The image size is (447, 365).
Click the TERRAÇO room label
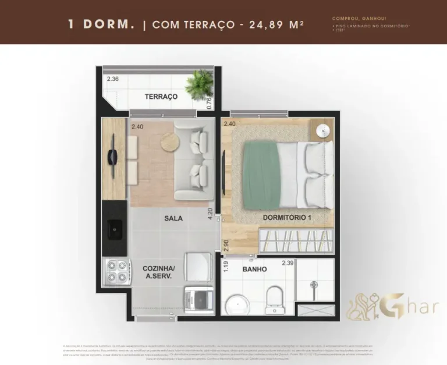click(161, 97)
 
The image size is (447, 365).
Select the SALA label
click(173, 218)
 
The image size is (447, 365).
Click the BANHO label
click(254, 269)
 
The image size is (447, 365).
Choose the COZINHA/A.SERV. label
click(158, 272)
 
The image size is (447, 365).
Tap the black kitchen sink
click(114, 228)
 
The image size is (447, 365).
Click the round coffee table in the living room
click(171, 141)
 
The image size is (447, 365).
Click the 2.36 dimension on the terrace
click(112, 79)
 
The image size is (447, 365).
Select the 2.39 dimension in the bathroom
click(287, 263)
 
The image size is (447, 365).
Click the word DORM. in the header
click(109, 24)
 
